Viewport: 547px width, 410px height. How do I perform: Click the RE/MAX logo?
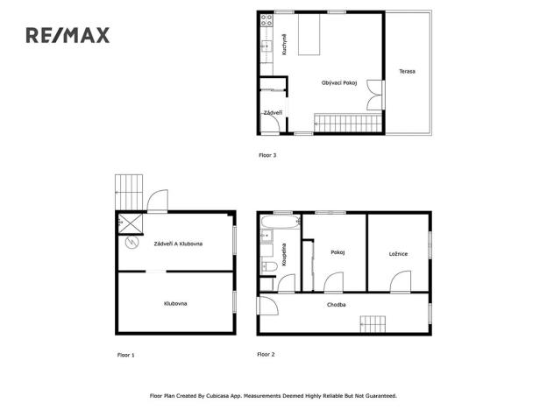pyautogui.click(x=67, y=35)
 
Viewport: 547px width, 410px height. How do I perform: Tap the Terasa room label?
pyautogui.click(x=407, y=71)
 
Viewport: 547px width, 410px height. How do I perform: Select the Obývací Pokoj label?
pyautogui.click(x=337, y=82)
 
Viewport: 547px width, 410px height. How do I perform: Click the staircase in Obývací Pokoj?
pyautogui.click(x=348, y=123)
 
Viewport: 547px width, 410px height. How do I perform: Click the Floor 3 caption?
pyautogui.click(x=267, y=155)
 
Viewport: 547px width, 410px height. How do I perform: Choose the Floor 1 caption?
pyautogui.click(x=126, y=355)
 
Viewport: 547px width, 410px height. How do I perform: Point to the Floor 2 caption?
pyautogui.click(x=266, y=355)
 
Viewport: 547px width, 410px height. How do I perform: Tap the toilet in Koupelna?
pyautogui.click(x=270, y=265)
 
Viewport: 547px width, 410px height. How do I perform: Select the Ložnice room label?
pyautogui.click(x=398, y=253)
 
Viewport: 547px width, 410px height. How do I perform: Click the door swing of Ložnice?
pyautogui.click(x=400, y=282)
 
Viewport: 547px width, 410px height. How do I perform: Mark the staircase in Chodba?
pyautogui.click(x=373, y=324)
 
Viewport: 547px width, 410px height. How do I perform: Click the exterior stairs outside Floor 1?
pyautogui.click(x=128, y=186)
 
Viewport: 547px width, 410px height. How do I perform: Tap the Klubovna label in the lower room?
pyautogui.click(x=175, y=303)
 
